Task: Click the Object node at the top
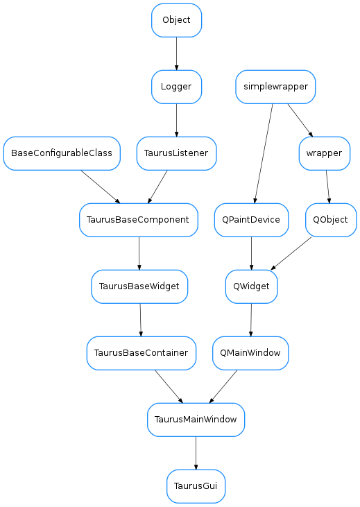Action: point(176,20)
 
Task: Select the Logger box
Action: point(176,87)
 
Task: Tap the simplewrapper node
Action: point(275,87)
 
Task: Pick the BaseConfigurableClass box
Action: point(62,153)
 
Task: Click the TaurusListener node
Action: point(177,153)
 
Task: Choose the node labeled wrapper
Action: point(324,153)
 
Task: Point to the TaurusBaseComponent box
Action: point(139,220)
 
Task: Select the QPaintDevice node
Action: point(251,220)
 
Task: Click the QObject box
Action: point(331,220)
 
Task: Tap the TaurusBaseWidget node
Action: point(139,286)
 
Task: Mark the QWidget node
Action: point(252,286)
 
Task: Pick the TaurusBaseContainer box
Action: point(142,353)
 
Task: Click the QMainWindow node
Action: point(250,353)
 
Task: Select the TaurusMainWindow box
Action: point(196,420)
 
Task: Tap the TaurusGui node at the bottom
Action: point(196,486)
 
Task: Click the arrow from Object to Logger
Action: point(176,53)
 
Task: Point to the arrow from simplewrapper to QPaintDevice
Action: point(264,153)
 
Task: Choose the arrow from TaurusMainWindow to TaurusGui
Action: point(196,453)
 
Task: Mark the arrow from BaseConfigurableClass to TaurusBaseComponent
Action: point(101,187)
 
